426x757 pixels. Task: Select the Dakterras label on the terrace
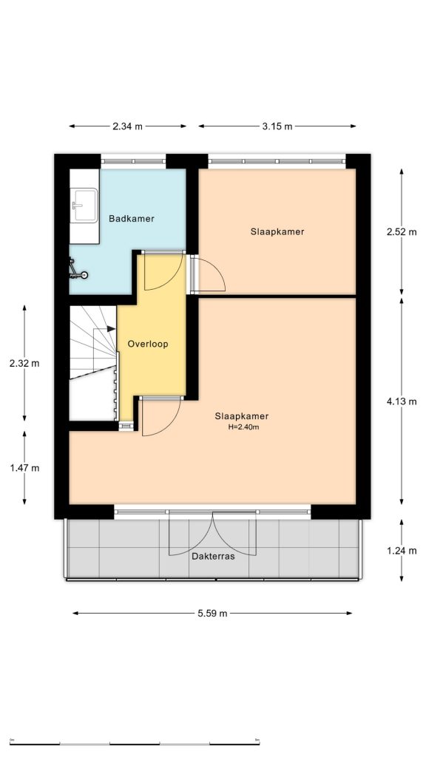(x=213, y=557)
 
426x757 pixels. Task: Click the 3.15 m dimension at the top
(x=277, y=126)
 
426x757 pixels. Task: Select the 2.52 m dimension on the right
(x=402, y=231)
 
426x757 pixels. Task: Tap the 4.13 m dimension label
(x=402, y=401)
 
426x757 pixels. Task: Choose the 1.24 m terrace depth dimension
(x=402, y=551)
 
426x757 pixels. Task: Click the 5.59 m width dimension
(x=212, y=613)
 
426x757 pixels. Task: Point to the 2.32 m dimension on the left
(x=24, y=363)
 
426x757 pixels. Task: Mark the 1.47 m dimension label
(x=24, y=468)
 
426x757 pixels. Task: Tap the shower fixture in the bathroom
(x=77, y=270)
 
